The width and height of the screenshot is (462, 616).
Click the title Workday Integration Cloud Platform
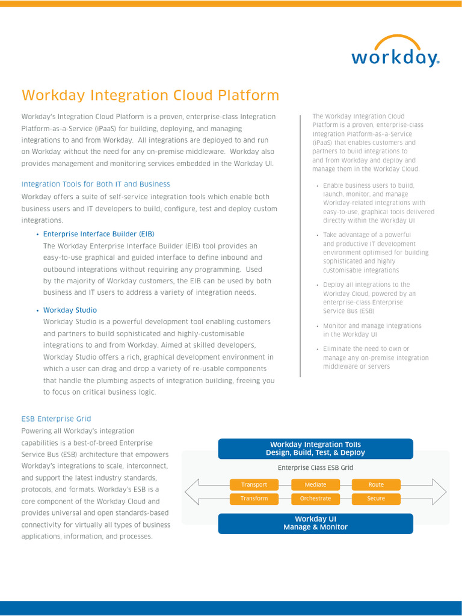click(150, 95)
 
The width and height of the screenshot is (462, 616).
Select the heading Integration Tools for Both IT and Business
click(96, 184)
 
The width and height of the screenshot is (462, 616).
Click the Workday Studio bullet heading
click(70, 310)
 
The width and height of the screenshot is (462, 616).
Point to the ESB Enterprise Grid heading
click(56, 419)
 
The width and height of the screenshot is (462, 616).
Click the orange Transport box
click(254, 485)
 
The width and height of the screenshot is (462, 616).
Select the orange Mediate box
click(315, 485)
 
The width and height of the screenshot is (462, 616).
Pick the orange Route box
click(376, 485)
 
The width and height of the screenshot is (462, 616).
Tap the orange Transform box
click(254, 499)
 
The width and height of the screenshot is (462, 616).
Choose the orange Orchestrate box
click(315, 499)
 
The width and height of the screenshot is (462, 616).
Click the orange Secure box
click(376, 499)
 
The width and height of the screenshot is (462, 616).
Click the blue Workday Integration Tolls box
click(315, 449)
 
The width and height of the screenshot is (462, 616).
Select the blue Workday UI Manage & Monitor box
click(315, 523)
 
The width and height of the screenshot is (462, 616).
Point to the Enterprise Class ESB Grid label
click(315, 467)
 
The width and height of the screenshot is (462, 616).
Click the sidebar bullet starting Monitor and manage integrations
click(372, 330)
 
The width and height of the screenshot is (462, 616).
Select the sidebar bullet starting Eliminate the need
click(375, 357)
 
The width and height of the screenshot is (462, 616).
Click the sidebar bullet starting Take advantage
click(375, 253)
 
